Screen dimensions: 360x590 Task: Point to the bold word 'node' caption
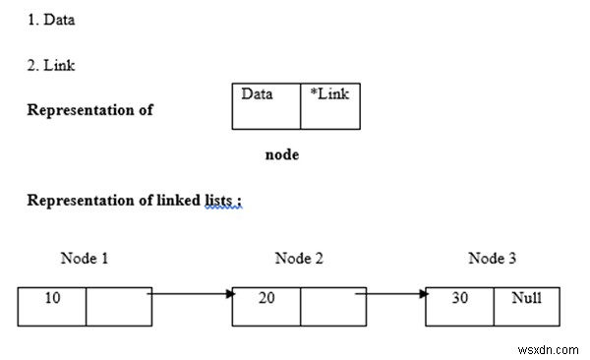tap(282, 154)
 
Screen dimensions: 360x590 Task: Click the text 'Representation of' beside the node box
tap(89, 110)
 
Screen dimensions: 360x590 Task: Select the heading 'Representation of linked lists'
tap(134, 201)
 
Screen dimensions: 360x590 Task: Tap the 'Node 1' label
tap(85, 259)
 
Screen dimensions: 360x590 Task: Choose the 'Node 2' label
tap(299, 259)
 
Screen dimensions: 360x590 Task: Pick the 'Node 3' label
tap(493, 259)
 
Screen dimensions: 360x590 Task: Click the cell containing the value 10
tap(52, 306)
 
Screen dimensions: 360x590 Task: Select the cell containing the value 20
tap(265, 306)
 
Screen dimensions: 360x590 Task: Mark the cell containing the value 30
tap(459, 306)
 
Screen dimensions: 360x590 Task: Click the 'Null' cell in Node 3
tap(525, 306)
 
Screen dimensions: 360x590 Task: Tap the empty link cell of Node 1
tap(118, 306)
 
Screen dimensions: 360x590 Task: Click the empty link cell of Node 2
tap(332, 306)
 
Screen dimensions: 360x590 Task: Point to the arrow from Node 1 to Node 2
tap(192, 293)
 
